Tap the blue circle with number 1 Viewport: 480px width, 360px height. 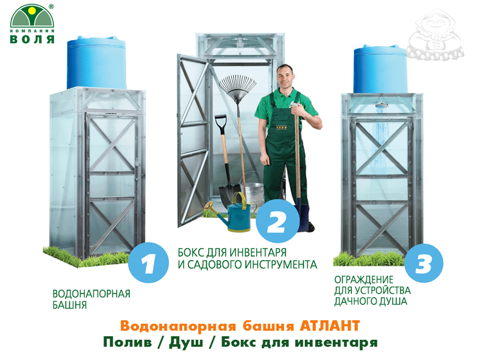click(148, 264)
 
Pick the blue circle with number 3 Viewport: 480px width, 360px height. click(423, 264)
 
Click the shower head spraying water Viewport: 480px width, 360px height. click(382, 107)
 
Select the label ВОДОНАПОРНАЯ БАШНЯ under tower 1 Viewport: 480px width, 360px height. click(91, 299)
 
